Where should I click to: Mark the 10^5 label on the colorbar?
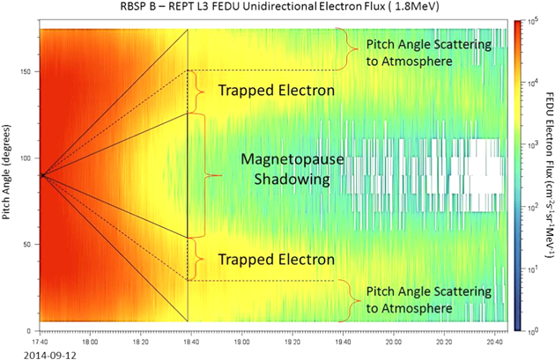coord(534,19)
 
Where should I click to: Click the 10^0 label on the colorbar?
coord(534,331)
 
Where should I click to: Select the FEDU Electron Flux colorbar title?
coord(548,175)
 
